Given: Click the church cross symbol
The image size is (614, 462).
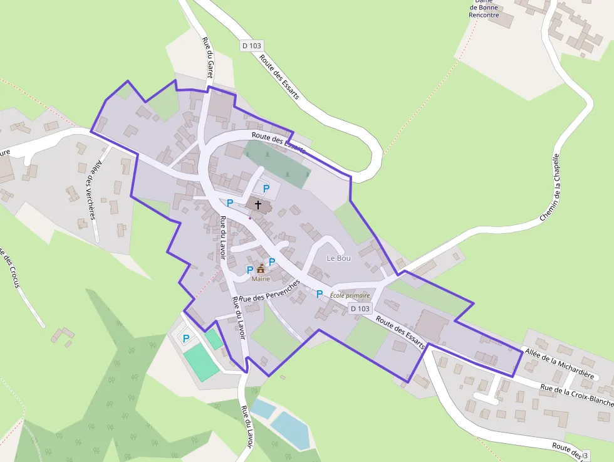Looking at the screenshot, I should [258, 204].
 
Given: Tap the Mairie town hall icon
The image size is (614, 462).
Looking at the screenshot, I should [261, 268].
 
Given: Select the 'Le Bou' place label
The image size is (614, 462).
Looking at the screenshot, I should [339, 258].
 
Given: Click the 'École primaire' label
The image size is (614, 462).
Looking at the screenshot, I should [350, 295].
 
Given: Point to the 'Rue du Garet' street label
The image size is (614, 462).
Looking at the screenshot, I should [208, 60].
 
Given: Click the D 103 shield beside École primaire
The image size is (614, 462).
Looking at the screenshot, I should [360, 308].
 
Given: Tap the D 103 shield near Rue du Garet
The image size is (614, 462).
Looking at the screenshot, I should [252, 46].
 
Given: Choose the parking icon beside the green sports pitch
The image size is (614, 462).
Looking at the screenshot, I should [185, 339].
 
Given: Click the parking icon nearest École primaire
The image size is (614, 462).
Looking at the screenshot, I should [320, 293].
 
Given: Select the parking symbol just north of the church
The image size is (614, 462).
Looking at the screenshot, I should [266, 187].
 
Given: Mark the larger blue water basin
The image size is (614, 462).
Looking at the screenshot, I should [291, 430].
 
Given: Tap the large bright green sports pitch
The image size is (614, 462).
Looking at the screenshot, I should [201, 362].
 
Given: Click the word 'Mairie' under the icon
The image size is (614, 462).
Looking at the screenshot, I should [261, 279].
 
